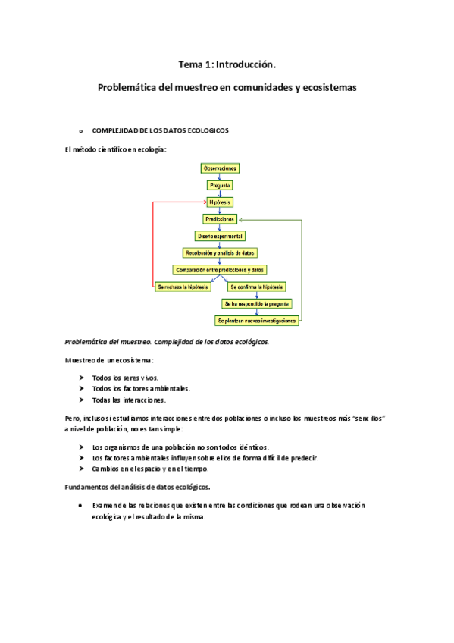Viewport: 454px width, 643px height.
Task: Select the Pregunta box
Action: click(x=220, y=185)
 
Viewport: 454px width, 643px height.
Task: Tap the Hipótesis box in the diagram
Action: click(x=220, y=202)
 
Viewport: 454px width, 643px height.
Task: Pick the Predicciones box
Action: click(x=220, y=219)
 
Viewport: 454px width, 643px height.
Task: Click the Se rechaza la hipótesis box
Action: click(x=183, y=287)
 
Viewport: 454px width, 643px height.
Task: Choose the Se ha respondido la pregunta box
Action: click(x=257, y=304)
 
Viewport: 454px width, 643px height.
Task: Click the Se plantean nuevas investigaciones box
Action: click(x=256, y=321)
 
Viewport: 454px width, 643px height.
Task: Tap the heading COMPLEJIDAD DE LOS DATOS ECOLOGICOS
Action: click(x=160, y=130)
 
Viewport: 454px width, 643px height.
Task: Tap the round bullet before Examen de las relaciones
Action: click(x=81, y=505)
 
